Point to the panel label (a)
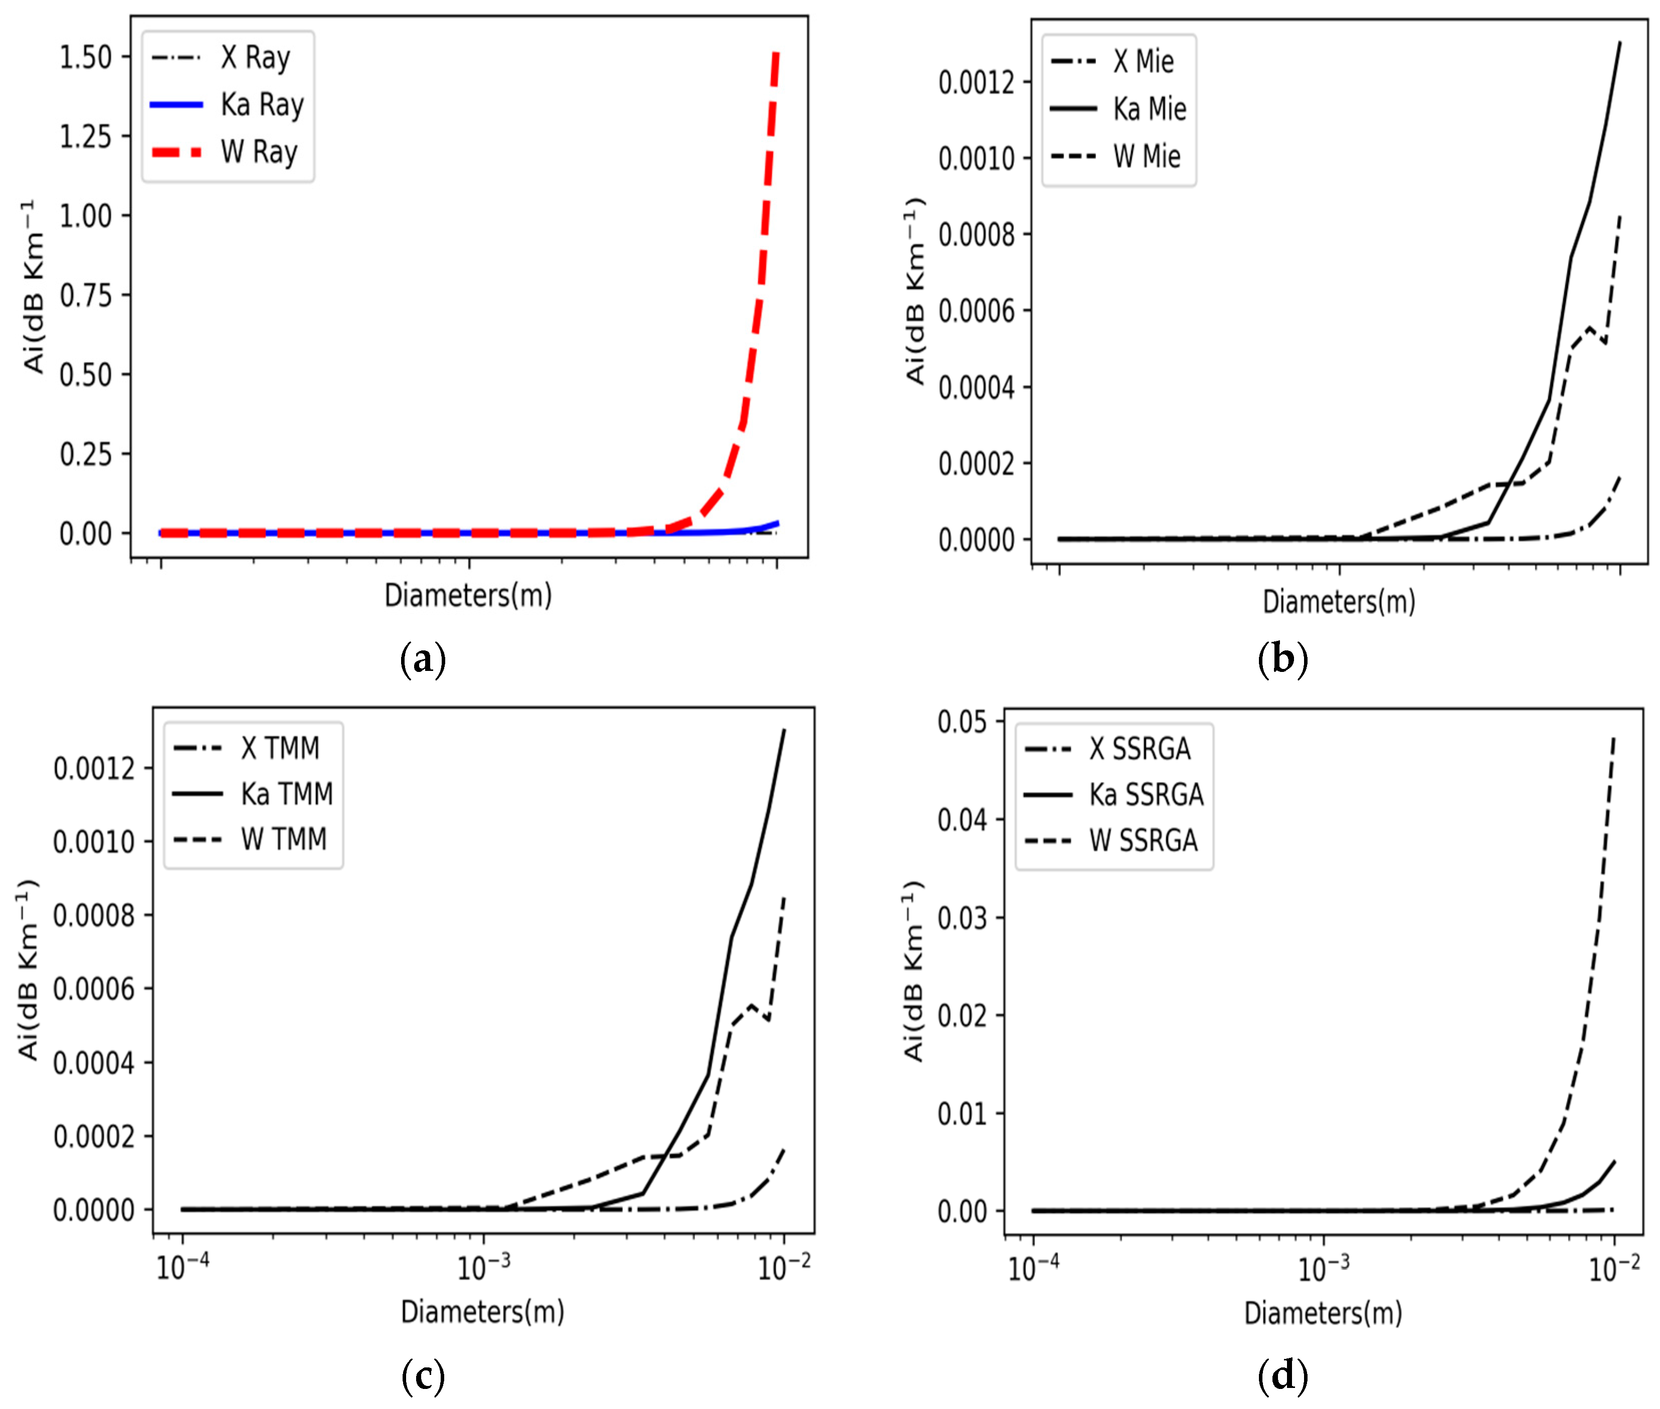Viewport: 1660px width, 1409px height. (422, 660)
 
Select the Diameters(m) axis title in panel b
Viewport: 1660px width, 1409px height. (1338, 601)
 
